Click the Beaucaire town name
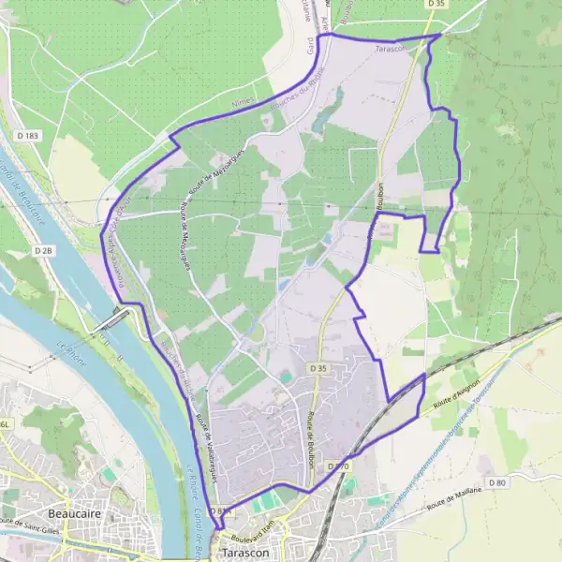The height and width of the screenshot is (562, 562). [x=75, y=514]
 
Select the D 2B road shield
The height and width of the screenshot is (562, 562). [x=43, y=251]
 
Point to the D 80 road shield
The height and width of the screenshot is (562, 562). [x=496, y=482]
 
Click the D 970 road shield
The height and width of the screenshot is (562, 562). [x=338, y=466]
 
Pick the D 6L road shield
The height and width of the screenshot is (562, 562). [x=7, y=425]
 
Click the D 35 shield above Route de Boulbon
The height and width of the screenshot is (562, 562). [x=318, y=343]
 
